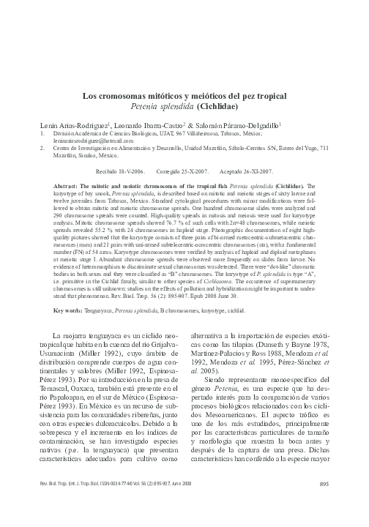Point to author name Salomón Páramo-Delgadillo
point(239,127)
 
